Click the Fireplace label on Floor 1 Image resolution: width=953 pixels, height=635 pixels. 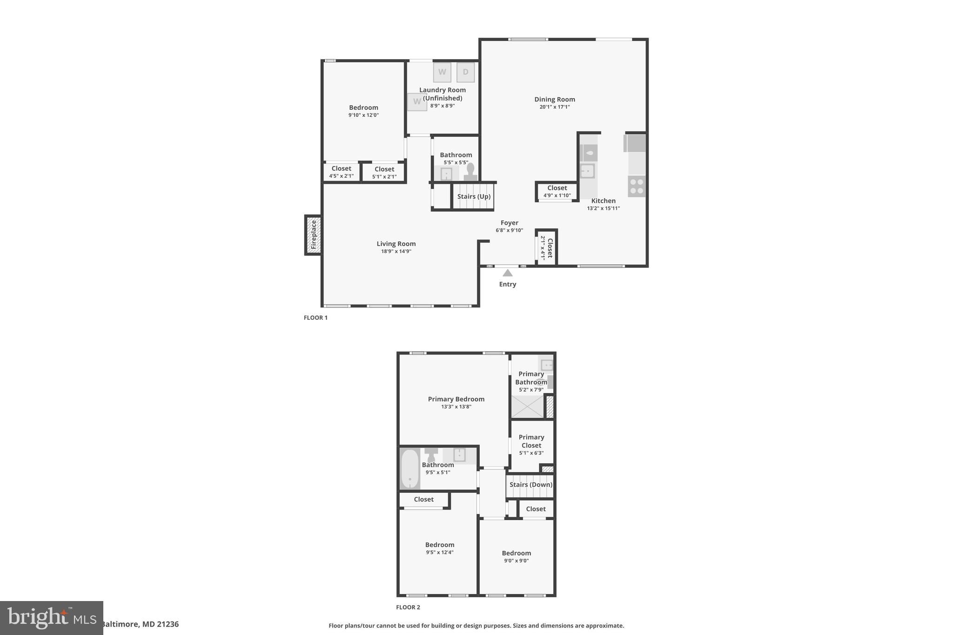pyautogui.click(x=314, y=235)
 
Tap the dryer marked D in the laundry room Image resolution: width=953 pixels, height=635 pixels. pyautogui.click(x=465, y=72)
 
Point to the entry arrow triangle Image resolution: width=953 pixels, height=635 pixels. pyautogui.click(x=508, y=273)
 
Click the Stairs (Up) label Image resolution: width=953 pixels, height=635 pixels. pyautogui.click(x=474, y=196)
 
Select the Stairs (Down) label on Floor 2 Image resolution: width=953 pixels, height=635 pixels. pyautogui.click(x=530, y=485)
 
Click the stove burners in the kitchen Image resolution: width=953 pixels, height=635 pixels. pyautogui.click(x=636, y=186)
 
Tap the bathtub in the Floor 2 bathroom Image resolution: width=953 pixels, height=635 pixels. pyautogui.click(x=410, y=468)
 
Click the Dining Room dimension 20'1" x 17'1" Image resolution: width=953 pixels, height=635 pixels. pyautogui.click(x=554, y=107)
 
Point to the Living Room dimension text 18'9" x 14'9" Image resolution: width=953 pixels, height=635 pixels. pyautogui.click(x=396, y=252)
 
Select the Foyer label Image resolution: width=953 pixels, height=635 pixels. pyautogui.click(x=509, y=223)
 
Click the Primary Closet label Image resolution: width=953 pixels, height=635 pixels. pyautogui.click(x=531, y=441)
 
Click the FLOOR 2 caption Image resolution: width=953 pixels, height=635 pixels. pyautogui.click(x=408, y=607)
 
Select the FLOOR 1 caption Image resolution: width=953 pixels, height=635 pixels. pyautogui.click(x=315, y=318)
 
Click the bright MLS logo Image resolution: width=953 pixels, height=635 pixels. pyautogui.click(x=52, y=618)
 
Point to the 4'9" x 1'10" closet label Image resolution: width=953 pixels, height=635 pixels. pyautogui.click(x=557, y=195)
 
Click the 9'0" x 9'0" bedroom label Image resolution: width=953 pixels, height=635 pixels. pyautogui.click(x=516, y=561)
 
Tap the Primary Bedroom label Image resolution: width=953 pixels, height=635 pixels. pyautogui.click(x=456, y=399)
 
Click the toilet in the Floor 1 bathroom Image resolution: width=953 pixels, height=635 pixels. pyautogui.click(x=470, y=172)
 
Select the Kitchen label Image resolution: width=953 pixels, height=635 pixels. pyautogui.click(x=603, y=201)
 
